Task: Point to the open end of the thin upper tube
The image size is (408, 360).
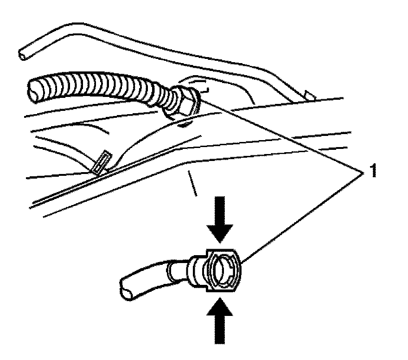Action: pyautogui.click(x=22, y=54)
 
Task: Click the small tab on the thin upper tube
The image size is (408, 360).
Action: pyautogui.click(x=309, y=96)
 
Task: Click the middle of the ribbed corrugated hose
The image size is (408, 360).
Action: pyautogui.click(x=107, y=90)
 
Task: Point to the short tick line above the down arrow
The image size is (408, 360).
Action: pyautogui.click(x=192, y=183)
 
